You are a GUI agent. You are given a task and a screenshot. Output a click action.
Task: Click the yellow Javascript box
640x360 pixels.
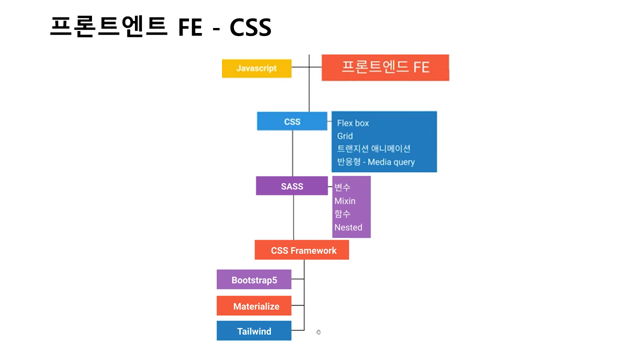(x=256, y=68)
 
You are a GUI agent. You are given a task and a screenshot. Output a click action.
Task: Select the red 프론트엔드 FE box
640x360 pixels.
(x=385, y=67)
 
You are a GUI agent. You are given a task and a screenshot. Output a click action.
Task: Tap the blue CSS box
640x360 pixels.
(x=292, y=121)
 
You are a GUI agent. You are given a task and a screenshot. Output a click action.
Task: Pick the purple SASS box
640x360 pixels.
(x=291, y=186)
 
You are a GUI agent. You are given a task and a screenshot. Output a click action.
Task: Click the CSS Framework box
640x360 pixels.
(x=302, y=250)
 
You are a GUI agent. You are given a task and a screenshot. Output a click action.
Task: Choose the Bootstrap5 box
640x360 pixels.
(x=254, y=280)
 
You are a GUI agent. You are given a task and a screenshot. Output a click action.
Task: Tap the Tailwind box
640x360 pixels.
(x=254, y=331)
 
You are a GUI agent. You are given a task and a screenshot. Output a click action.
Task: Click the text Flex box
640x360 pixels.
(x=353, y=123)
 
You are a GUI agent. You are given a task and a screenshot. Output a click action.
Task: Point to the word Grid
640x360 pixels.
(x=345, y=136)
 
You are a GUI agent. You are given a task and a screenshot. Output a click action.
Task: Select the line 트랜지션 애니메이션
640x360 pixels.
(x=373, y=148)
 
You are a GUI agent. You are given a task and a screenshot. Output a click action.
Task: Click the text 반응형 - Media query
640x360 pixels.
(x=376, y=162)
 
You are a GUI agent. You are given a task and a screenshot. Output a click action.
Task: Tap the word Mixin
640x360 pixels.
(x=345, y=201)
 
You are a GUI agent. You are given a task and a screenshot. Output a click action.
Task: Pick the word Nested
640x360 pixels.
(x=348, y=227)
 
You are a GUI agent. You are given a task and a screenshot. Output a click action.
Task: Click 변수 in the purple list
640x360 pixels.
(x=342, y=187)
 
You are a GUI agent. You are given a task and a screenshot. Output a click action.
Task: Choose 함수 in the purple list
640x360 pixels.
(x=342, y=214)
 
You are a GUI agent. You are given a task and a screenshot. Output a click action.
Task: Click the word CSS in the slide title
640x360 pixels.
(x=250, y=27)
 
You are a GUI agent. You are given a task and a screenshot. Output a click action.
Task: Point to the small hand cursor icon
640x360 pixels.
(x=318, y=332)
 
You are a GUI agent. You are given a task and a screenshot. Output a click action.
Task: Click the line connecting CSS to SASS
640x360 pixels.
(x=292, y=153)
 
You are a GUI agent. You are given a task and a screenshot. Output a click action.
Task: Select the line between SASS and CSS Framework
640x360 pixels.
(x=293, y=217)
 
